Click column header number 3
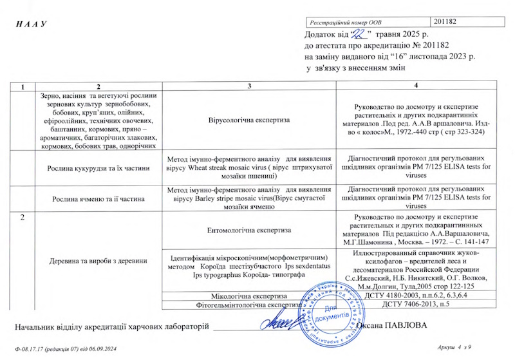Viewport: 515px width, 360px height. [249, 86]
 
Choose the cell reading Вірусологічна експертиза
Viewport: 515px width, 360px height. [249, 120]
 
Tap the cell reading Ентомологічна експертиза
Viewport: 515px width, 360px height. [249, 229]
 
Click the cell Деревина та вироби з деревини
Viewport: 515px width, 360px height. [98, 260]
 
